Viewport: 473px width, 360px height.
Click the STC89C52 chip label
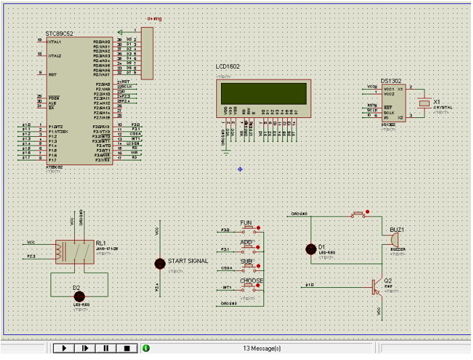point(59,34)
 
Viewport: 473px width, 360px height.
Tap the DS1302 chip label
point(391,80)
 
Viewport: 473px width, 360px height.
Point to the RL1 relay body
point(74,251)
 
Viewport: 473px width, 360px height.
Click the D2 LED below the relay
point(79,297)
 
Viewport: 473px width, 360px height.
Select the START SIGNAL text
point(188,261)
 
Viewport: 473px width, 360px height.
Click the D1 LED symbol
point(311,249)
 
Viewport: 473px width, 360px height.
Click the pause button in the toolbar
point(106,349)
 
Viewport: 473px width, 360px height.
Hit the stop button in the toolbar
point(127,349)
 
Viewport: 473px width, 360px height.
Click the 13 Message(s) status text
point(261,349)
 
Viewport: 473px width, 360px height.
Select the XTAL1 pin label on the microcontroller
point(55,42)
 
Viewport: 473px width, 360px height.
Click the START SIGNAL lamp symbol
point(160,263)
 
